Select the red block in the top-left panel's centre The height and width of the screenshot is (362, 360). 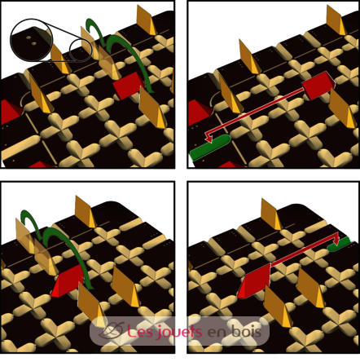coord(128,85)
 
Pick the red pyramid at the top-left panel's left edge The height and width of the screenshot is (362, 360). coord(11,112)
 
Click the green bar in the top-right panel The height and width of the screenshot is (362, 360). coord(209,148)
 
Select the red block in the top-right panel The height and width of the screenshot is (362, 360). coord(318,85)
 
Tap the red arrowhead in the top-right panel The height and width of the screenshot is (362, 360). coord(209,138)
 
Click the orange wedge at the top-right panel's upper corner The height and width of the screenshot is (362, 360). coord(336,20)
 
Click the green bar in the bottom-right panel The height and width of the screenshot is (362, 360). coord(339,244)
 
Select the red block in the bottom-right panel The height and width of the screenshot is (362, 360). coord(254,281)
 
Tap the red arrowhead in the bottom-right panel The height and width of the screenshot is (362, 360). coord(337,240)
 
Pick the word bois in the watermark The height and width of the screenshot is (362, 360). coord(247,331)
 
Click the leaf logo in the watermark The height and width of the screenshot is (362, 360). coord(112,330)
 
